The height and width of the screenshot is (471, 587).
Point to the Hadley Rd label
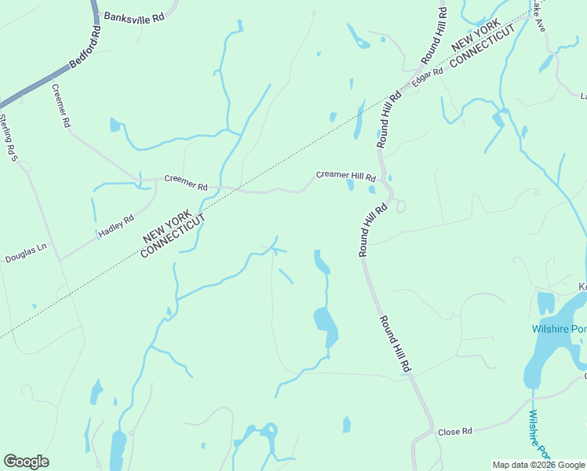pos(116,226)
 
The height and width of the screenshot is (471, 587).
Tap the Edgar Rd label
pos(428,77)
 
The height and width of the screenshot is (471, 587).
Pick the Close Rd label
pos(454,431)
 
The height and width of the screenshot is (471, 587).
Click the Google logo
pos(26,462)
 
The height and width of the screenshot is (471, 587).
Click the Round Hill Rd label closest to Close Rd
pos(396,344)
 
